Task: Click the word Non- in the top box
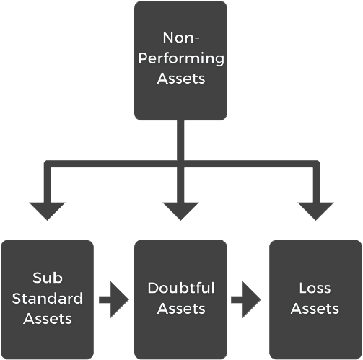tap(181, 38)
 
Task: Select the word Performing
tap(181, 59)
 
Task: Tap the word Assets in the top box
tap(181, 79)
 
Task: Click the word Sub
tap(48, 278)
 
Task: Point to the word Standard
tap(48, 299)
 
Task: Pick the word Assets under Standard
tap(48, 319)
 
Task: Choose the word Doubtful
tap(181, 288)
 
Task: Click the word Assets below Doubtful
tap(181, 309)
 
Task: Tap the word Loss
tap(315, 288)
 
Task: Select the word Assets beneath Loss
tap(315, 309)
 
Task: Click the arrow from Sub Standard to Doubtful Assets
tap(114, 299)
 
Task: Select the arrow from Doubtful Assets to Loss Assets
tap(246, 299)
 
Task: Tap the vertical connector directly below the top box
tap(180, 140)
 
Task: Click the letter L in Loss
tap(303, 288)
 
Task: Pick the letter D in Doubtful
tap(153, 288)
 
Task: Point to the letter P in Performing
tap(142, 58)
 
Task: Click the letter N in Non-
tap(168, 38)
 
